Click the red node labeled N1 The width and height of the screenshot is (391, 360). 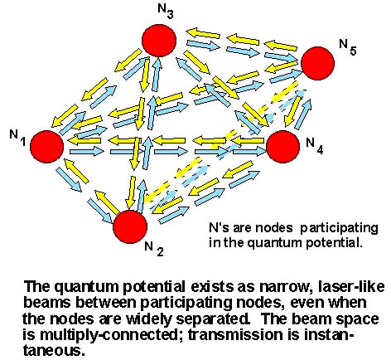tap(46, 146)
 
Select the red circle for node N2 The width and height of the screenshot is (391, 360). tap(130, 226)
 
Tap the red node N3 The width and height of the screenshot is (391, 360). tap(159, 41)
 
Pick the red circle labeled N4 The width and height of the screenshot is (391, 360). tap(283, 146)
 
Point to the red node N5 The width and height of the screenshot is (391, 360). tap(317, 63)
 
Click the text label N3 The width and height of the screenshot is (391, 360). tap(166, 11)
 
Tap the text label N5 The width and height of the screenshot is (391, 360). tap(348, 47)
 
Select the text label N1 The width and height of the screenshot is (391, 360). tap(17, 138)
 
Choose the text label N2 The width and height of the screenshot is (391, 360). tap(154, 249)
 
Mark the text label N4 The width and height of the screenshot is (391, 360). tap(315, 146)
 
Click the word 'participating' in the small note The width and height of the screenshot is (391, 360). tap(339, 229)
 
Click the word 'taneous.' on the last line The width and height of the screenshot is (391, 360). tap(53, 351)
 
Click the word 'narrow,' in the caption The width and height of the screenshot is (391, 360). tap(286, 287)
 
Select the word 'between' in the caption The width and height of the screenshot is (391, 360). tap(107, 303)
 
